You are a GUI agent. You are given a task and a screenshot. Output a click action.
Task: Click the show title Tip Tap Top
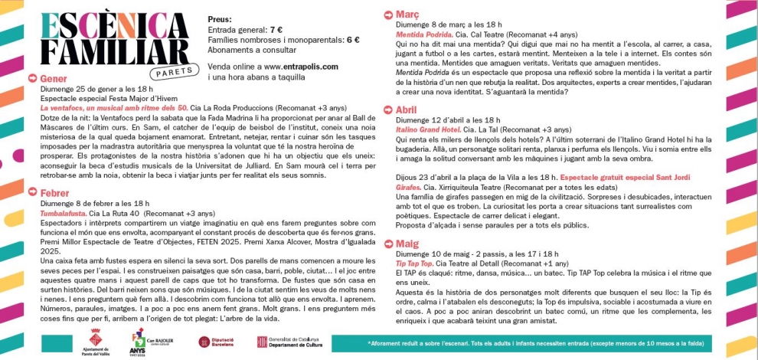(x=414, y=263)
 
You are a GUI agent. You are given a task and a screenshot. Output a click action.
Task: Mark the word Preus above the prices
(x=220, y=18)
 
